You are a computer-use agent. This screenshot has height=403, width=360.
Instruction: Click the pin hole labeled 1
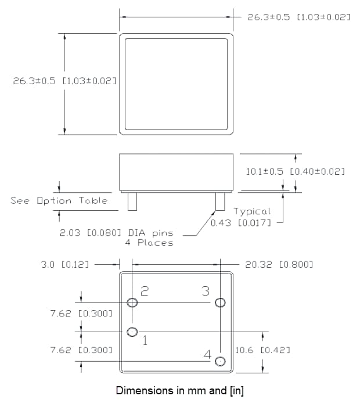(132, 332)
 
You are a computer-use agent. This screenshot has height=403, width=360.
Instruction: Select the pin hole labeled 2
(132, 302)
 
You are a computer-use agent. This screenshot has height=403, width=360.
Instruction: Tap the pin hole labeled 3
(220, 302)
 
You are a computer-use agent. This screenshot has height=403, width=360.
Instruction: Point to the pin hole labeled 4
(219, 361)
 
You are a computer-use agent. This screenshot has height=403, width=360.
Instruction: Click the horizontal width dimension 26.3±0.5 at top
(298, 17)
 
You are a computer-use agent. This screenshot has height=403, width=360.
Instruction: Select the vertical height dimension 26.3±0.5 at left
(64, 81)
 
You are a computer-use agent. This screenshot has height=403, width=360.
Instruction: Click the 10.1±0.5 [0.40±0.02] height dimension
(296, 171)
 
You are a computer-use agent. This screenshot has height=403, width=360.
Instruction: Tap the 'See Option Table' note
(59, 201)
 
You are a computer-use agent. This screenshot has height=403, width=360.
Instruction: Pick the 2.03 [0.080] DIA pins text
(116, 233)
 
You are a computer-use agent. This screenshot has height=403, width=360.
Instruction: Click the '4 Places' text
(149, 243)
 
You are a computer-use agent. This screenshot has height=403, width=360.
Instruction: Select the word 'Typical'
(252, 211)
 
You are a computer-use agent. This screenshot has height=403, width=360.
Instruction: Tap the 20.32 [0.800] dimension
(279, 264)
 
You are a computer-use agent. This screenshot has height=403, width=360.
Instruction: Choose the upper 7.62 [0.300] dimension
(81, 314)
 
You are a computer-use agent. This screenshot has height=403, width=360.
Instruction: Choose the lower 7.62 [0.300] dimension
(81, 350)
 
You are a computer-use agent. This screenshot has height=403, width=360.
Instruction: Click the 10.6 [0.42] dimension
(263, 350)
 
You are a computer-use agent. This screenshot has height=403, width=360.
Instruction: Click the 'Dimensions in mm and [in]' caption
(180, 390)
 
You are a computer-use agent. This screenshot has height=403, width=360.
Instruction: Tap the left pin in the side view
(132, 201)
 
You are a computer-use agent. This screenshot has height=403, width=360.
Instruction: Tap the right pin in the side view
(220, 201)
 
